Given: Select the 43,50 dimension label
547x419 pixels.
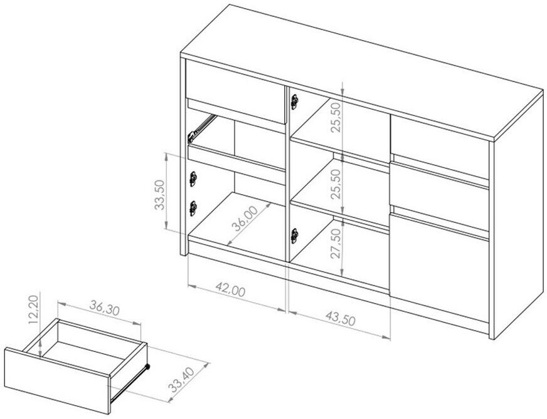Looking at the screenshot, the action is (x=340, y=319).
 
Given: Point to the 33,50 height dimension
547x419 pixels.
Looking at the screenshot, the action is (x=159, y=195).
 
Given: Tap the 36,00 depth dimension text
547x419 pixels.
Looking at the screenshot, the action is (x=245, y=219).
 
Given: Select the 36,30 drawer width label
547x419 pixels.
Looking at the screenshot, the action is (x=104, y=308).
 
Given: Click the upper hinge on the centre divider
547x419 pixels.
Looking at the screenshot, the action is (x=295, y=101).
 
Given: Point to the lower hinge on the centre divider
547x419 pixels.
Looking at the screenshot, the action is (x=295, y=235).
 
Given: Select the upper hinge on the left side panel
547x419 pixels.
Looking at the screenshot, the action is (x=193, y=179).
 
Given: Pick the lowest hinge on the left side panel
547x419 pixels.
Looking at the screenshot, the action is (x=193, y=209).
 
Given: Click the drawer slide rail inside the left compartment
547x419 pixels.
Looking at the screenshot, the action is (x=201, y=128).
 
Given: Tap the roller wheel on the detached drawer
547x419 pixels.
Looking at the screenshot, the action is (x=147, y=366).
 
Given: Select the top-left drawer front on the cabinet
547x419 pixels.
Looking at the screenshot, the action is (x=236, y=91).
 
